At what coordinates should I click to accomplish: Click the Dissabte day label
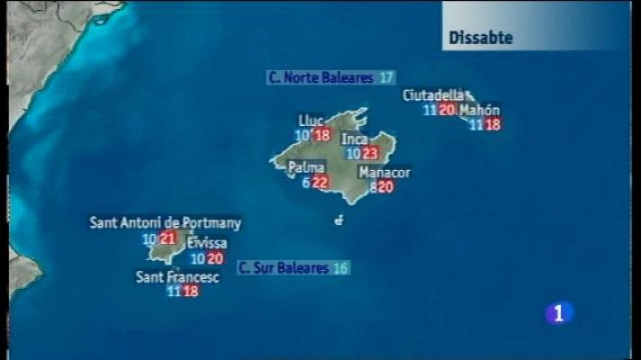tap(481, 38)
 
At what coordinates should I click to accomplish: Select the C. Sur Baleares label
tap(284, 268)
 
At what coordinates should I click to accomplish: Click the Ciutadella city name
tap(434, 95)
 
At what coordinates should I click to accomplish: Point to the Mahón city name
tap(479, 111)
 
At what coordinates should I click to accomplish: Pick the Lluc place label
tap(311, 121)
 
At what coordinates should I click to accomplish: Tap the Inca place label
tap(354, 139)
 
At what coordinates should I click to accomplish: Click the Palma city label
tap(306, 167)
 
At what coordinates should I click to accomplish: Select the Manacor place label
tap(384, 173)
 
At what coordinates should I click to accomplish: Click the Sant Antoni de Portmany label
tap(166, 223)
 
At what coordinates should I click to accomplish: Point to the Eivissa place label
tap(207, 244)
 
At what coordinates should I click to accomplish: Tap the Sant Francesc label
tap(177, 277)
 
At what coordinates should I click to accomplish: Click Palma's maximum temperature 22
tap(320, 183)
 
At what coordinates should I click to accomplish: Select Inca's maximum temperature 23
tap(370, 154)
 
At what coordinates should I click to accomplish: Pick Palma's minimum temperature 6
tap(306, 183)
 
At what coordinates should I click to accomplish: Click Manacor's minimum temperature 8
tap(373, 187)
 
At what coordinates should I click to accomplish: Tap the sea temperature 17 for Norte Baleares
tap(386, 78)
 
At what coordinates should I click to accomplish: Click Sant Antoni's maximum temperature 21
tap(167, 238)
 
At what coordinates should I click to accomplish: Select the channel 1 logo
tap(560, 312)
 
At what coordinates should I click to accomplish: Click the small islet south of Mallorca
tap(339, 220)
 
